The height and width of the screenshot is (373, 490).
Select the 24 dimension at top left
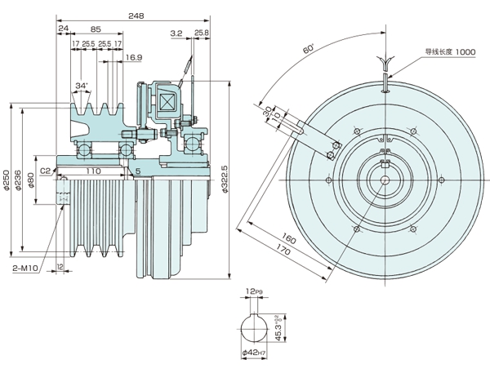[63, 28]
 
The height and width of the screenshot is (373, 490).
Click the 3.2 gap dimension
[176, 33]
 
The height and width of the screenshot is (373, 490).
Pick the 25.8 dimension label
[201, 33]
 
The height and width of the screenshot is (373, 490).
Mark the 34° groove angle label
[82, 86]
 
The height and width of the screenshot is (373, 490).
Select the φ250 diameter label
[7, 180]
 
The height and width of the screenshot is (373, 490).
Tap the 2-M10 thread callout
[27, 268]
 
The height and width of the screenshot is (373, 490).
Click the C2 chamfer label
[45, 171]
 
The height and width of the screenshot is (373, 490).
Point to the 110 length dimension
[91, 172]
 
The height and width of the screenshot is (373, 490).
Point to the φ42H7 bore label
[255, 353]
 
